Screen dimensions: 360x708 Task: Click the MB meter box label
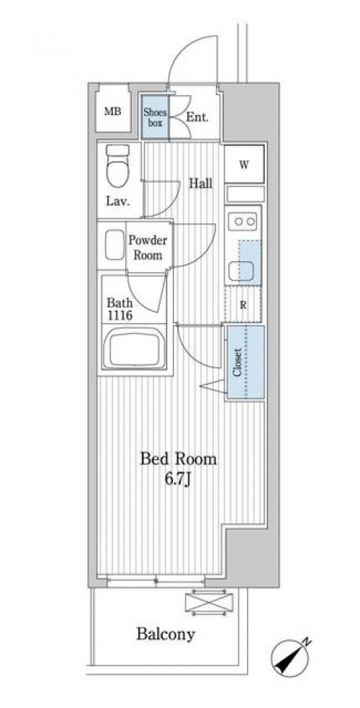click(113, 111)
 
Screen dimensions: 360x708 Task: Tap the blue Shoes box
click(155, 117)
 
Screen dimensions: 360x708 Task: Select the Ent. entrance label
click(197, 117)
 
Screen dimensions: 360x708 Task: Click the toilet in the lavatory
click(117, 165)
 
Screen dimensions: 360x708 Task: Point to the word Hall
click(201, 183)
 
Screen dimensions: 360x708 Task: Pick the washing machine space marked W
click(244, 164)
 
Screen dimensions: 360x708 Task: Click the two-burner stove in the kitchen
click(243, 222)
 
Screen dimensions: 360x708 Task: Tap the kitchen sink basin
click(240, 271)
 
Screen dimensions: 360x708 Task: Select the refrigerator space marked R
click(243, 305)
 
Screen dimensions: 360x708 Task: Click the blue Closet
click(246, 362)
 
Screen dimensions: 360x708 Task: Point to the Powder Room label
click(148, 248)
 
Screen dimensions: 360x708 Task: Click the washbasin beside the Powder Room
click(114, 245)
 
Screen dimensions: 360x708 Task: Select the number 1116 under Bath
click(120, 316)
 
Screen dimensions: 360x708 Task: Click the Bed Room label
click(178, 459)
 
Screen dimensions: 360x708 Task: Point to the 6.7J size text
click(178, 479)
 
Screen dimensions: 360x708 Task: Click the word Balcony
click(166, 635)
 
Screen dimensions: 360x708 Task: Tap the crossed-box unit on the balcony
click(209, 603)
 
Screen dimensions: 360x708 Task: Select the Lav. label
click(117, 201)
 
